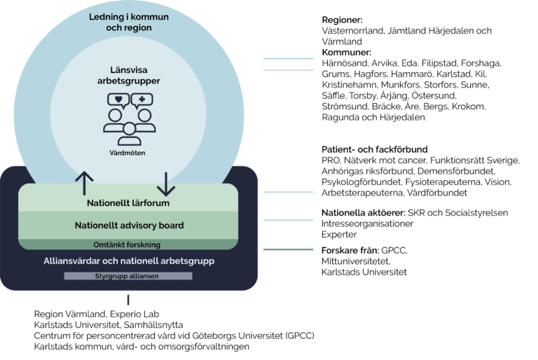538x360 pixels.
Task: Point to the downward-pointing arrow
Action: pyautogui.click(x=166, y=183)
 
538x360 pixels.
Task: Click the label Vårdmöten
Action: pyautogui.click(x=129, y=153)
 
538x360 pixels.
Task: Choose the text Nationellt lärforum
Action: pyautogui.click(x=129, y=204)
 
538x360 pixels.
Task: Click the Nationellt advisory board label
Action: pyautogui.click(x=129, y=226)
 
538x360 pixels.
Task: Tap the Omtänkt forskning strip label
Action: pyautogui.click(x=129, y=244)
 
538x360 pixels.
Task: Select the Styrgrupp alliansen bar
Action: pyautogui.click(x=128, y=276)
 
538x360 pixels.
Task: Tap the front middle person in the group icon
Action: pyautogui.click(x=130, y=132)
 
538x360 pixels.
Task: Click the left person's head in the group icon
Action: pyautogui.click(x=113, y=113)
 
